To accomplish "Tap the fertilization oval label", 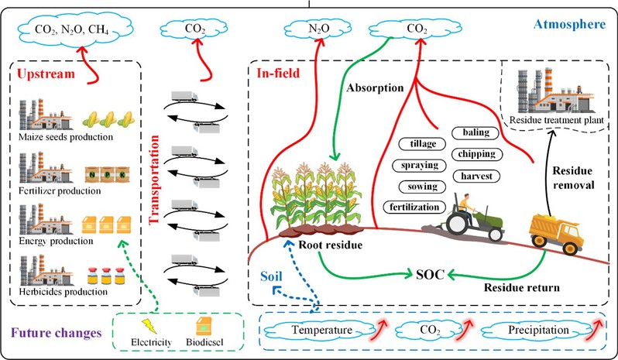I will (x=414, y=207).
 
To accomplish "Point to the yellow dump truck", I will (x=555, y=229).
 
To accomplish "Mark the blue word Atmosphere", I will (x=572, y=24).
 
